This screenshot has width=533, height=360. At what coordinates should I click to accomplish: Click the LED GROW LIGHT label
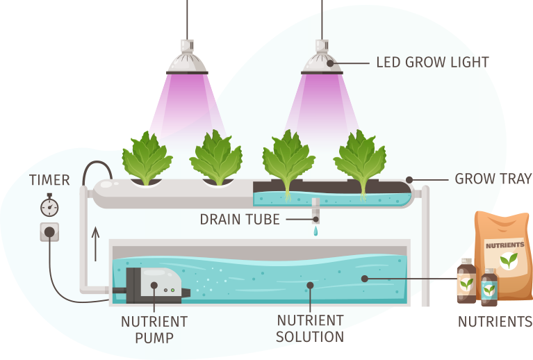[432, 63]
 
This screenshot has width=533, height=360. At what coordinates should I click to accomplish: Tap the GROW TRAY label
[493, 179]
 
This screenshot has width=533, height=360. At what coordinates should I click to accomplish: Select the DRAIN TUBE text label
[240, 220]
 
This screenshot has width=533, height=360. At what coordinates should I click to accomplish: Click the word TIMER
[49, 181]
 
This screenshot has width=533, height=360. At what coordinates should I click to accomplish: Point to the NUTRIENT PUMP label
[154, 329]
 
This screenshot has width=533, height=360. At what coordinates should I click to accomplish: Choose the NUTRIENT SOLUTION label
[310, 329]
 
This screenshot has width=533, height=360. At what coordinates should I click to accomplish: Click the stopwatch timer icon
[49, 206]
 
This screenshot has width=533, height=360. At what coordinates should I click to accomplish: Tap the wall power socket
[49, 232]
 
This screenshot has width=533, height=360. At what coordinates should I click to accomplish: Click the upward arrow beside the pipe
[96, 243]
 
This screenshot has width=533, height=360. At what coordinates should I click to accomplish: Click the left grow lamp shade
[187, 64]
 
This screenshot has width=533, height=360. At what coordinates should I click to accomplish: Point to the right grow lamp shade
[322, 64]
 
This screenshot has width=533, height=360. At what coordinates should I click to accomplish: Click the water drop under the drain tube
[315, 231]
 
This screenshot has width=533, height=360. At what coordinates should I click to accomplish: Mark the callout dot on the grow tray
[409, 179]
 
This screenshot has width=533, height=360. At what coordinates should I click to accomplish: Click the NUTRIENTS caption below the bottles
[495, 322]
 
